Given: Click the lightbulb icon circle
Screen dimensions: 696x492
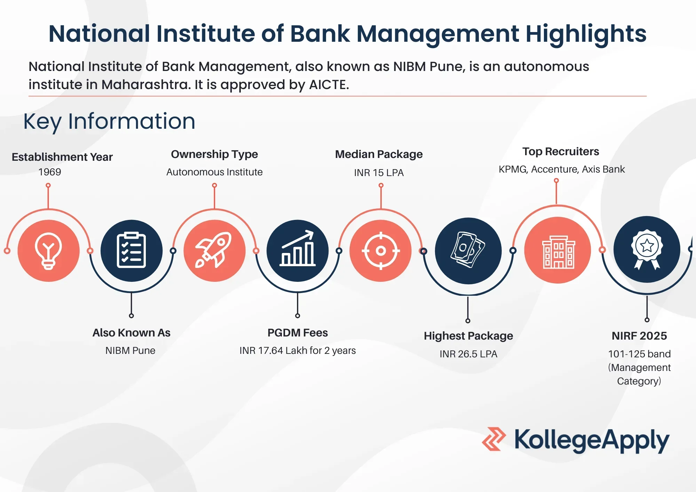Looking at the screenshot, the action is click(x=49, y=251).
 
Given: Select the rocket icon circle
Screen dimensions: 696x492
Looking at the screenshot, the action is click(x=214, y=251).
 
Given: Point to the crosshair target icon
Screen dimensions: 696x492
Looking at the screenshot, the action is click(x=381, y=251).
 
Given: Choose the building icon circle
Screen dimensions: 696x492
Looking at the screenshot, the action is click(x=558, y=250).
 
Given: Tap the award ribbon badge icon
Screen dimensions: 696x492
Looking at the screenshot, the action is click(x=647, y=249).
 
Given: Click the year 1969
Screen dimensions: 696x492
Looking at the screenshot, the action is click(x=50, y=172).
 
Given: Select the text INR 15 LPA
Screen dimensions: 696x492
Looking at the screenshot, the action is click(x=379, y=173).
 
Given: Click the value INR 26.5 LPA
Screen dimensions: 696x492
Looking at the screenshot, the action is click(x=468, y=354).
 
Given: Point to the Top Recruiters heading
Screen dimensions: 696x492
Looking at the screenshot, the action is click(x=561, y=152).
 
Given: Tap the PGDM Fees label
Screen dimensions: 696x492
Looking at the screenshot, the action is click(x=298, y=333).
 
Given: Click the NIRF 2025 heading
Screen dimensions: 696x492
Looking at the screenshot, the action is click(x=639, y=336).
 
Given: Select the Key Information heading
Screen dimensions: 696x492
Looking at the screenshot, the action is click(x=109, y=122).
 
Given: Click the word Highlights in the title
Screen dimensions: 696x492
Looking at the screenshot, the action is click(x=586, y=34).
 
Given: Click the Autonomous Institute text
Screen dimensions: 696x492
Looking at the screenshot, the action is click(x=214, y=172).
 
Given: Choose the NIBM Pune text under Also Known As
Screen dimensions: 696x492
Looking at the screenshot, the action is click(x=130, y=350).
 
